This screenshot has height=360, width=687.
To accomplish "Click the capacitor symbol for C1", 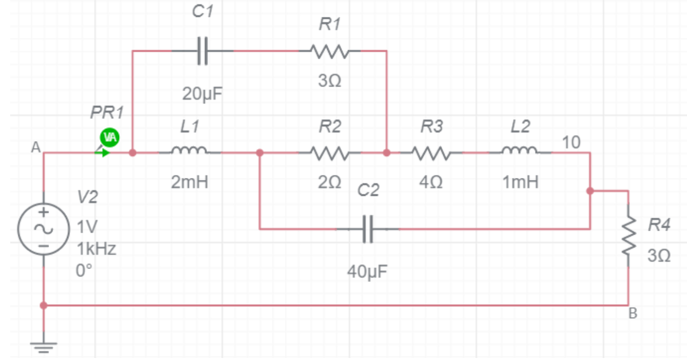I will click(203, 51).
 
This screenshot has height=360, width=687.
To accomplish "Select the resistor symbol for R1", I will click(330, 51).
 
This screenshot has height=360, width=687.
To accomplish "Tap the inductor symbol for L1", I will click(190, 152).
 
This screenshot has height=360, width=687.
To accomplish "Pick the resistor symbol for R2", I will click(330, 152).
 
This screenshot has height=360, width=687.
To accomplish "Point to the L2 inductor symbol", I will click(520, 152).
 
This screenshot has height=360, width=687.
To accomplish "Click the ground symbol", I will click(43, 347).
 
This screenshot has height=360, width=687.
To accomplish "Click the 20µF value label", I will click(203, 95).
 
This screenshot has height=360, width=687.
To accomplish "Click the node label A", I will click(35, 148).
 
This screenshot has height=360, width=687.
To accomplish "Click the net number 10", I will click(571, 142).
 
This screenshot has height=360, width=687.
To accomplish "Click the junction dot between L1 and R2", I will click(260, 152).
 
